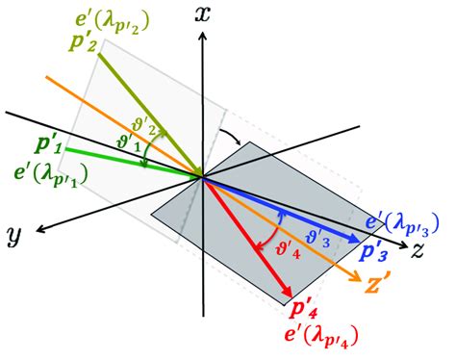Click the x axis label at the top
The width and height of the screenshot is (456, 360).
tap(201, 13)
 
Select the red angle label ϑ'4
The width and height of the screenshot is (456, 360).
tap(261, 245)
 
